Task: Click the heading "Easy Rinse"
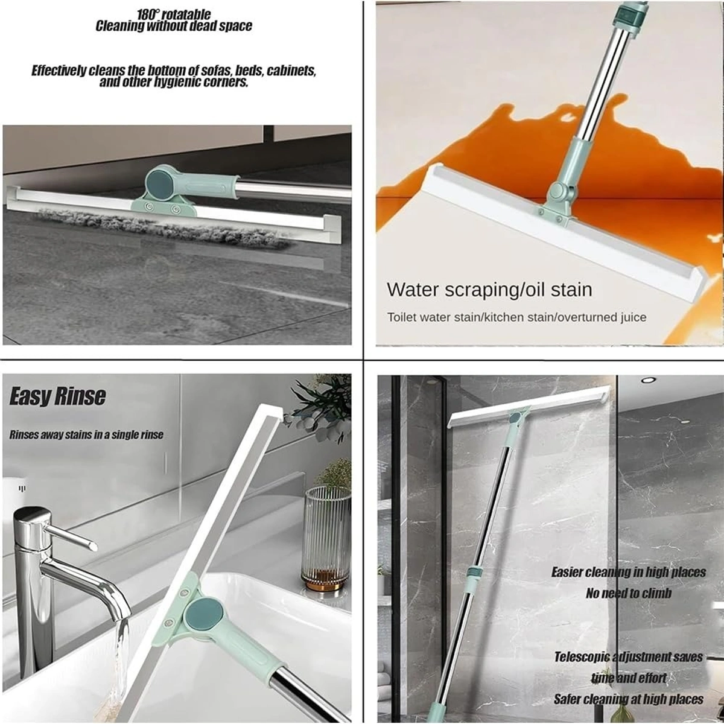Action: (57, 396)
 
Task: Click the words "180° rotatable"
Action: (174, 14)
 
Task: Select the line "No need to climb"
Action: (629, 593)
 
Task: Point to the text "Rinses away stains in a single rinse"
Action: (86, 434)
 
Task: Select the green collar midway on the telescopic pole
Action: (475, 571)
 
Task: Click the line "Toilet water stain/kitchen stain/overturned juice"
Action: (516, 317)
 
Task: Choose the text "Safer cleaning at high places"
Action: (629, 699)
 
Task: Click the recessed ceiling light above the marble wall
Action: (649, 381)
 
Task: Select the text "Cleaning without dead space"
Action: (174, 27)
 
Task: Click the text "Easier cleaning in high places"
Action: (629, 572)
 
